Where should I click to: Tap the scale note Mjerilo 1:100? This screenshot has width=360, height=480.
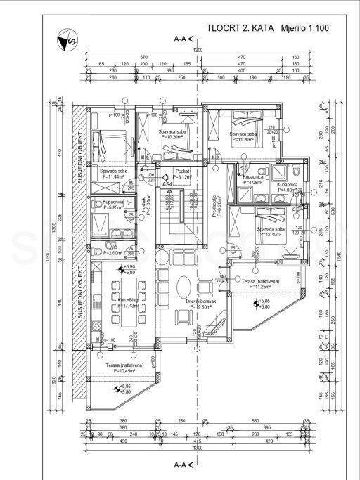(304, 29)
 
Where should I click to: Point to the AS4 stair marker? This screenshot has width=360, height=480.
(167, 183)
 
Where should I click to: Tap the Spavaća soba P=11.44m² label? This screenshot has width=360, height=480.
(113, 174)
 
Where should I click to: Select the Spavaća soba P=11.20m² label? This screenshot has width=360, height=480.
(243, 136)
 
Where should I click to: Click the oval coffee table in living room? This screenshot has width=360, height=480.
(183, 286)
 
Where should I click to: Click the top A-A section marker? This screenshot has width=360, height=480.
(182, 40)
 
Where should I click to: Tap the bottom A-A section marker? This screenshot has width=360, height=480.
(182, 465)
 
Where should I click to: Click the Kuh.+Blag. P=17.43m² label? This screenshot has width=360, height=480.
(127, 303)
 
